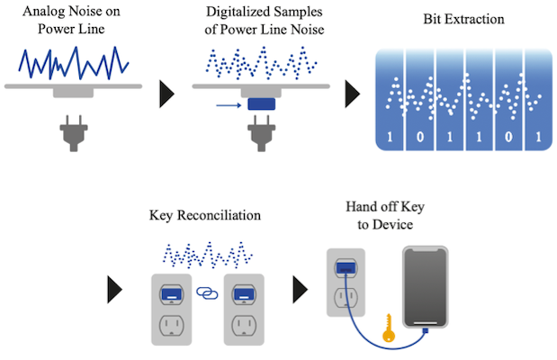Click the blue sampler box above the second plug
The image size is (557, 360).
[x=262, y=105]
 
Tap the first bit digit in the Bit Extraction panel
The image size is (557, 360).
[x=390, y=139]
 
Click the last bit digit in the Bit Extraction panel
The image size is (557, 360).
[x=537, y=139]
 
